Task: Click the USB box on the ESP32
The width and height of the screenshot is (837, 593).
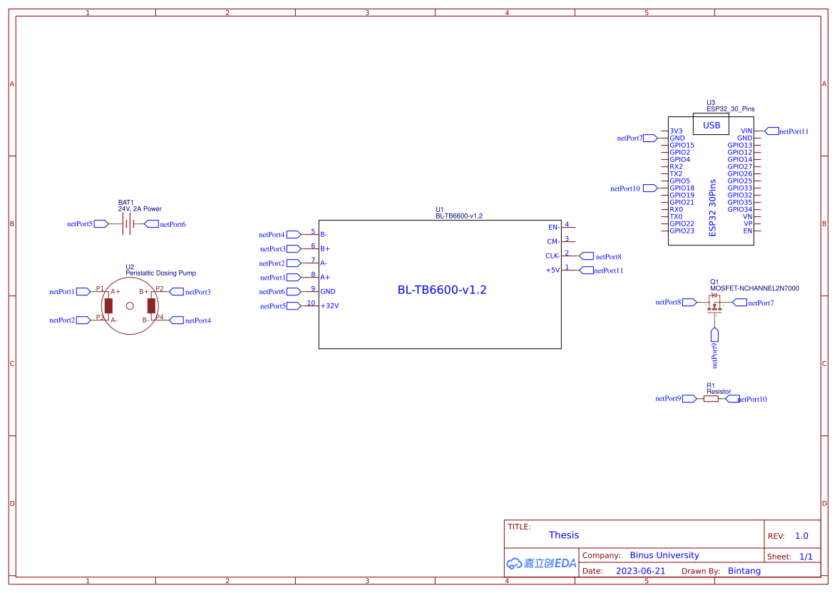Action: [711, 125]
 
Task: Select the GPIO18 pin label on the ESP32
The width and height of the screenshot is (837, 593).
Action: [682, 188]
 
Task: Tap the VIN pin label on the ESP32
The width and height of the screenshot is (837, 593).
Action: [746, 131]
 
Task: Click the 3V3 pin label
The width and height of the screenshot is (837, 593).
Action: [676, 131]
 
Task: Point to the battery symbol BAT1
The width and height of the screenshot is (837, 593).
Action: [128, 224]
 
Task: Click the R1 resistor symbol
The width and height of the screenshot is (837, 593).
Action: [711, 399]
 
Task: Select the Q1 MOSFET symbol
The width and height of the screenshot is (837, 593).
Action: [714, 303]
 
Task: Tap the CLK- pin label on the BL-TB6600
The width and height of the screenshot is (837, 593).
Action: [552, 256]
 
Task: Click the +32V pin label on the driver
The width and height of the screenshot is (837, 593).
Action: [329, 306]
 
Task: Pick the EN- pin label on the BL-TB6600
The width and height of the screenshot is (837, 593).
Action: [553, 228]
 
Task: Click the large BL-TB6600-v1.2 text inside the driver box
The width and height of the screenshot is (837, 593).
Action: [442, 290]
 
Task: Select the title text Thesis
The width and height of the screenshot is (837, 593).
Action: [564, 535]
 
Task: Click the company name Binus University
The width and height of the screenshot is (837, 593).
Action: [664, 555]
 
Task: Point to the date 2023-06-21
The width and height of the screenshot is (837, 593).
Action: [640, 571]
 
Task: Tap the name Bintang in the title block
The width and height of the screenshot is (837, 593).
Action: [744, 571]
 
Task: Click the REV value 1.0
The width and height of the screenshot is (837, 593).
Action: [801, 536]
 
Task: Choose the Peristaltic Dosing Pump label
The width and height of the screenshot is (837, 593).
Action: [160, 273]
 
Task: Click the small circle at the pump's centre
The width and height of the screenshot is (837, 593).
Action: [130, 306]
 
